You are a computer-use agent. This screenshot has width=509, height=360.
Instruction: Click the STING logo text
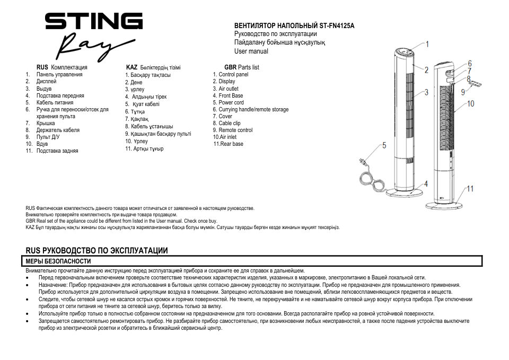[93, 22]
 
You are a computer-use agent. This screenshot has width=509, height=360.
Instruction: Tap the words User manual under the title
[251, 51]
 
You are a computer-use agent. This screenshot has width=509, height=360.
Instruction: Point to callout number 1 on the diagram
[427, 45]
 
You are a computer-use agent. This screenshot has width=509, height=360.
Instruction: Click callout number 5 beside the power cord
[384, 145]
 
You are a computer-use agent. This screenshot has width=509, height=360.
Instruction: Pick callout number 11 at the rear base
[470, 189]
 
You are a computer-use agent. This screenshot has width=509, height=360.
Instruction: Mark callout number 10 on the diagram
[471, 104]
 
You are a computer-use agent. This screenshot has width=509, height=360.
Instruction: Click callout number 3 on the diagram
[426, 92]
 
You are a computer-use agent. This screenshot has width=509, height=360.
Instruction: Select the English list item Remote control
[235, 130]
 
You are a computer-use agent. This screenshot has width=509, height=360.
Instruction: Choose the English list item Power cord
[231, 103]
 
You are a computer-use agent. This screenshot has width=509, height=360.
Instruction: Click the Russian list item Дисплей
[47, 82]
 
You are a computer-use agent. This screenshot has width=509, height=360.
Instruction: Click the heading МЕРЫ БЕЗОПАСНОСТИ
[58, 261]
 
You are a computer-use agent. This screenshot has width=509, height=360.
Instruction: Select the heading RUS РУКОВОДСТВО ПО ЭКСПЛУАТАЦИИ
[96, 250]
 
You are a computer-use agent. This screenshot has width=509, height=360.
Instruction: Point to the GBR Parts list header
[241, 67]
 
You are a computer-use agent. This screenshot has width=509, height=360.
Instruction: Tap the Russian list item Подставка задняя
[57, 151]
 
